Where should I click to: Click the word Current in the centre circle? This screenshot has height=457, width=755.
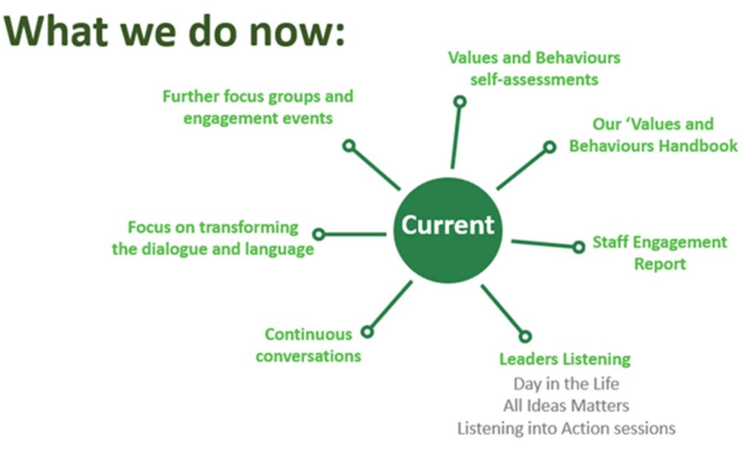coord(447,225)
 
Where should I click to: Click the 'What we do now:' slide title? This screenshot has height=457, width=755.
coord(175,32)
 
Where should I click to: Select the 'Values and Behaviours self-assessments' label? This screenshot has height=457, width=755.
coord(534,68)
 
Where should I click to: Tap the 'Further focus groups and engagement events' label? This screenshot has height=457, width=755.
coord(257,107)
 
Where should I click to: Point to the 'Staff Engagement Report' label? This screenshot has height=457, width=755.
coord(659,253)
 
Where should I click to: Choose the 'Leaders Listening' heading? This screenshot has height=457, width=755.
coord(565,359)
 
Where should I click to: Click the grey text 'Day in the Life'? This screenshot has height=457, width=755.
coord(566,383)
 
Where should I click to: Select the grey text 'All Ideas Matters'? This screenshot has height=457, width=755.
coord(566,405)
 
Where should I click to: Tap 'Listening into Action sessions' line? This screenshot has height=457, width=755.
coord(566,428)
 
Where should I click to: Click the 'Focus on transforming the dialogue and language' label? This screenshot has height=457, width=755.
coord(213,238)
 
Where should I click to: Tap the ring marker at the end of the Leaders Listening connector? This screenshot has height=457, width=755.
coord(525,336)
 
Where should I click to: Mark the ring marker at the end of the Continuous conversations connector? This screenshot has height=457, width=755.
coord(367,332)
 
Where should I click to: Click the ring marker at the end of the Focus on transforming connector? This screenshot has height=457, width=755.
coord(319,234)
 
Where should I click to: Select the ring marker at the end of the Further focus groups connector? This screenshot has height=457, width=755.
coord(349,146)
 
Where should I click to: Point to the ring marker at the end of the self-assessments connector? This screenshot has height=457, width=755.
coord(459,101)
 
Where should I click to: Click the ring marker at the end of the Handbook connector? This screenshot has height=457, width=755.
coord(549,147)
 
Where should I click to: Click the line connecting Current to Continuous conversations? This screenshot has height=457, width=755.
coord(390,307)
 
